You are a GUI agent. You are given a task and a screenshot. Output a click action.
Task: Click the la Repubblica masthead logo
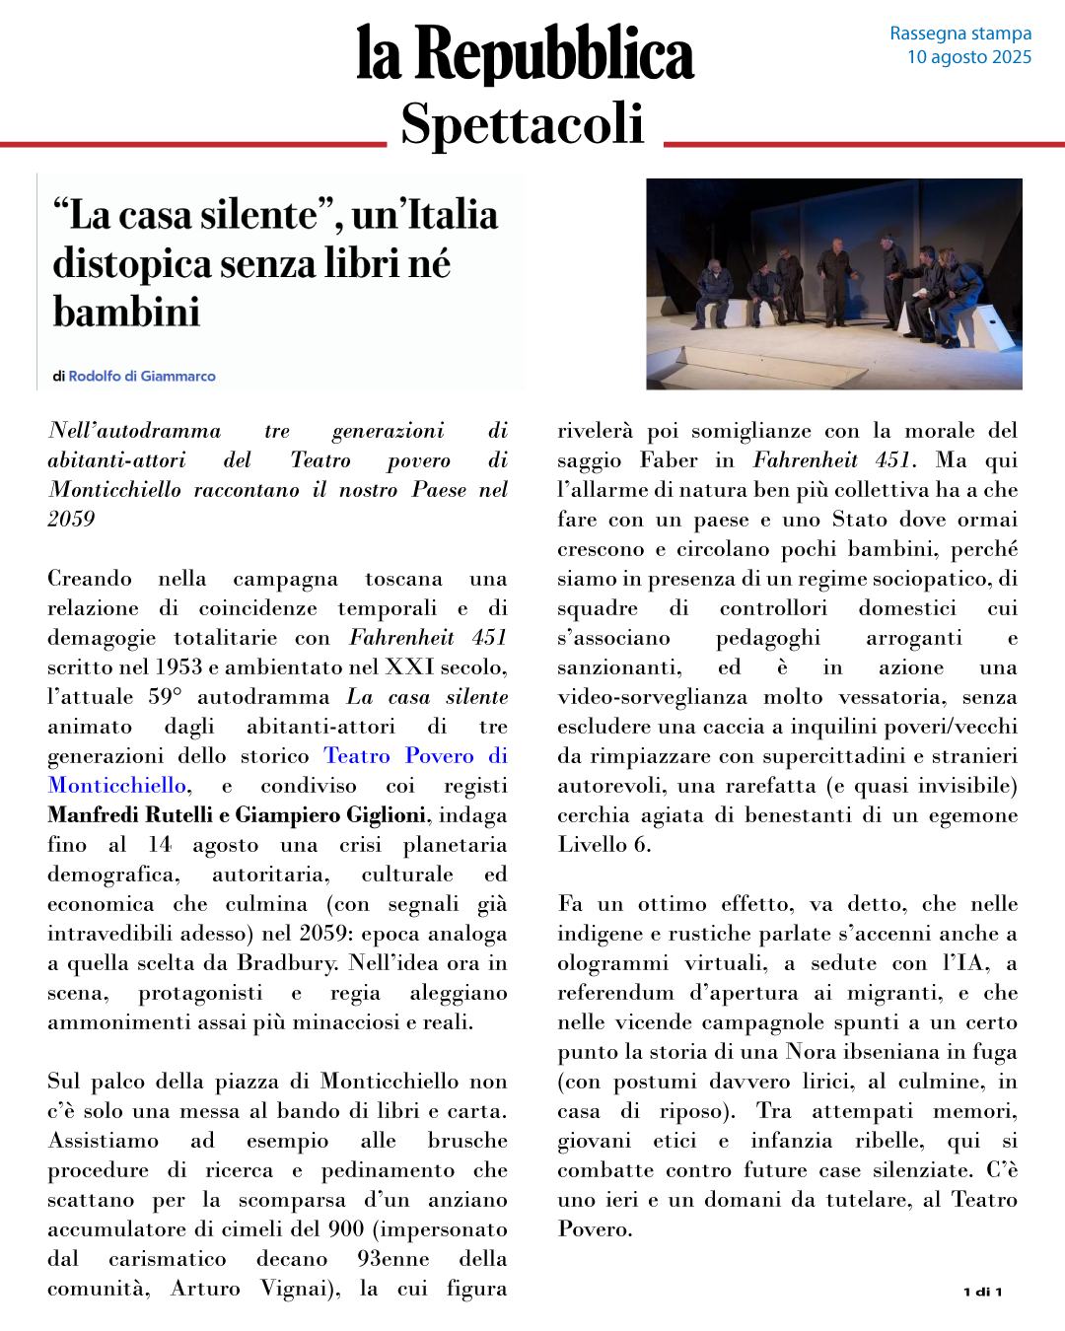[x=526, y=53]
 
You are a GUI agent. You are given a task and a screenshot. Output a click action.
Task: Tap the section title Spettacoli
[x=523, y=124]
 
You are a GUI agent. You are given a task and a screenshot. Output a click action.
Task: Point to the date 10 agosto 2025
[x=968, y=57]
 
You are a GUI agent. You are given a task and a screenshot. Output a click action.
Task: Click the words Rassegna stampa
[x=959, y=34]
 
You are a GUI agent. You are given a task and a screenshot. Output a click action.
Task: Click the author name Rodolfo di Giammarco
[x=141, y=376]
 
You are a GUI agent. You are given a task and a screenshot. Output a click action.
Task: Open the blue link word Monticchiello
[x=116, y=786]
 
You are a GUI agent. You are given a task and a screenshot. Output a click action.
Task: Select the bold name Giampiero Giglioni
[x=330, y=815]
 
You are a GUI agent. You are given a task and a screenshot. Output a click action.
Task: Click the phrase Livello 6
[x=603, y=845]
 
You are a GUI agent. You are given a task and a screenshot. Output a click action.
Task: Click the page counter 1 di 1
[x=982, y=1292]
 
